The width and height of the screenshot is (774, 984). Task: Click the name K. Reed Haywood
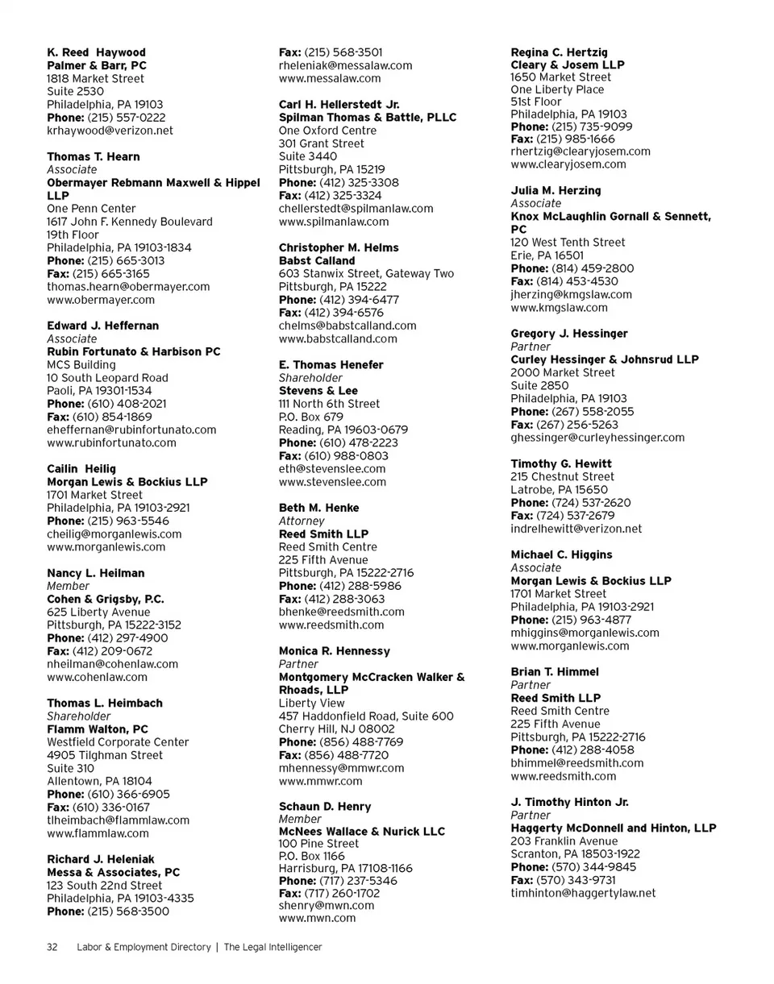click(x=96, y=52)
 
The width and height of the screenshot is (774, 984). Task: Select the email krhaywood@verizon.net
click(x=110, y=130)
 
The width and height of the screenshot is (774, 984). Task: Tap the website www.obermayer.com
click(x=101, y=299)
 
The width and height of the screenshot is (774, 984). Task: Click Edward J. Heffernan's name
click(x=102, y=326)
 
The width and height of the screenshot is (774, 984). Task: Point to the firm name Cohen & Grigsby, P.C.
click(x=106, y=599)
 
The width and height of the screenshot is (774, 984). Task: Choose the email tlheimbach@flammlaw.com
click(x=118, y=820)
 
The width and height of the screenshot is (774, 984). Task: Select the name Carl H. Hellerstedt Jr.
click(x=339, y=105)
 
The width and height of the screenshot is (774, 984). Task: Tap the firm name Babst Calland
click(x=317, y=261)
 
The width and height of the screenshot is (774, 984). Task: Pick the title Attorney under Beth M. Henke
click(x=301, y=521)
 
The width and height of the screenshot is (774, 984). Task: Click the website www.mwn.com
click(x=317, y=917)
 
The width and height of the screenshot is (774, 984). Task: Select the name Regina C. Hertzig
click(x=560, y=52)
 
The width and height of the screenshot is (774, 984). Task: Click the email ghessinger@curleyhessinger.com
click(x=597, y=438)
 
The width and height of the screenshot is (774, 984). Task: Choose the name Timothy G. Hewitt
click(x=561, y=463)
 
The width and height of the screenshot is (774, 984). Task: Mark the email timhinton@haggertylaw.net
click(x=583, y=893)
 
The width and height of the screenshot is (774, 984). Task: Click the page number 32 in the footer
click(x=52, y=947)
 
